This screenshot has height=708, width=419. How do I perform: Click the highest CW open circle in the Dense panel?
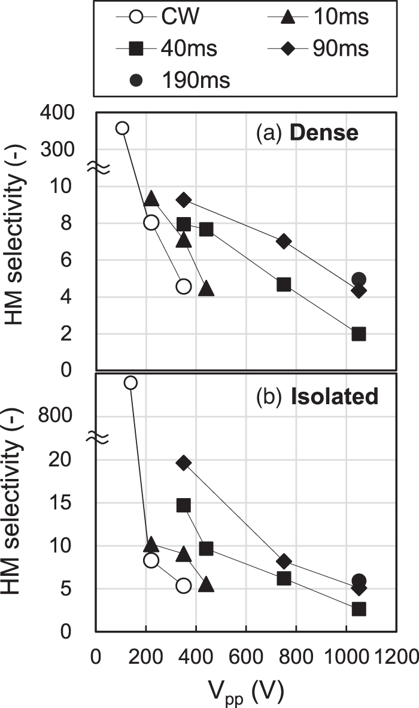pos(122,128)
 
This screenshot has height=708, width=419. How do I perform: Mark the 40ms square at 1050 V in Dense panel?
pos(359,334)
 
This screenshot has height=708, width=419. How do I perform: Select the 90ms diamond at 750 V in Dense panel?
pos(284,241)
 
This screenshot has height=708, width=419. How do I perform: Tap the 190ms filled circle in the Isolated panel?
pos(359,581)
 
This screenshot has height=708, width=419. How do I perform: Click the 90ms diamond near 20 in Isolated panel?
pos(184,462)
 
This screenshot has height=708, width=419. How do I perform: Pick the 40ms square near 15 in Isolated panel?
pos(184,505)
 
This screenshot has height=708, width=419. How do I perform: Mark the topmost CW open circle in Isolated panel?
pos(130,383)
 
